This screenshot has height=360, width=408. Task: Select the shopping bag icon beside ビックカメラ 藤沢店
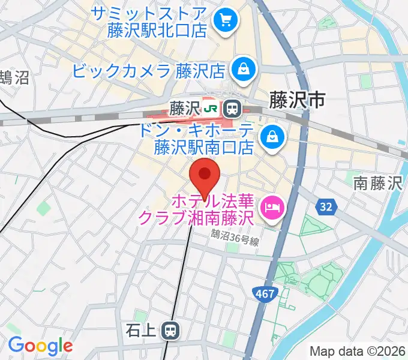click(x=244, y=70)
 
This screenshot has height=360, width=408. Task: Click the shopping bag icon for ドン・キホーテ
click(x=272, y=138)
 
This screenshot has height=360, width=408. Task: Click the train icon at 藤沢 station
click(x=232, y=109)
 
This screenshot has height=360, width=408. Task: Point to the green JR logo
click(x=211, y=109)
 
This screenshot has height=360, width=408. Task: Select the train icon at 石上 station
click(x=172, y=329)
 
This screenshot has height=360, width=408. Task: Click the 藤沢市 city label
click(x=298, y=99)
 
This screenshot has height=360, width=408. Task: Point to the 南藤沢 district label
click(x=377, y=183)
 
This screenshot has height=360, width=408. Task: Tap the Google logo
click(x=40, y=346)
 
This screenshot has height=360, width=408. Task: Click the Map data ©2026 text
click(x=358, y=351)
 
